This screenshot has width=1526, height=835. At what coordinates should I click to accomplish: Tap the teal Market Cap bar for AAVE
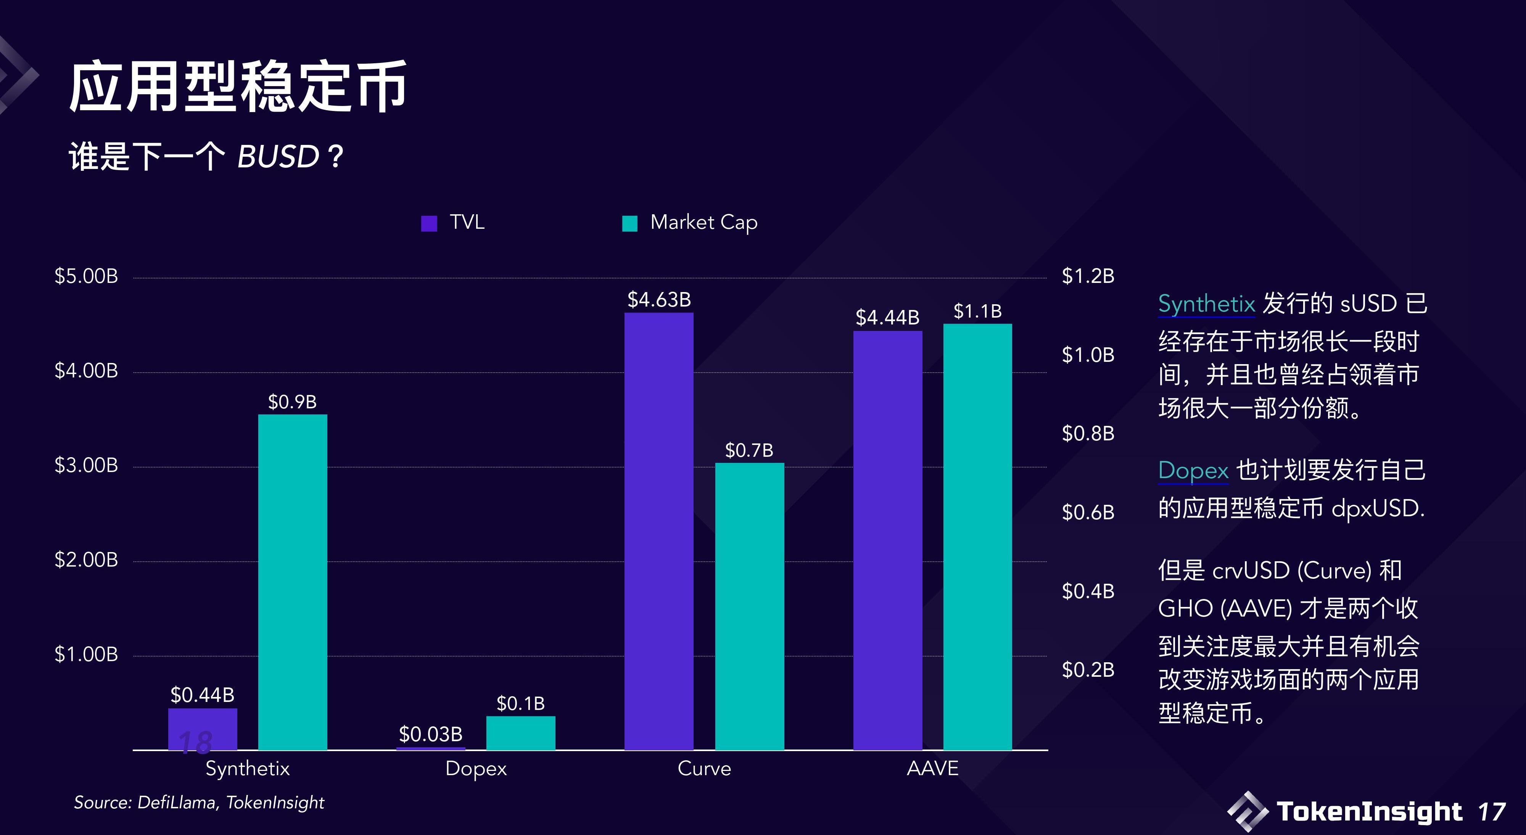tap(977, 536)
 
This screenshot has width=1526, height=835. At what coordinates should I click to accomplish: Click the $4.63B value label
tap(659, 300)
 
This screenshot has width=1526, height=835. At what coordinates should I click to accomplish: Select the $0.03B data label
tap(431, 734)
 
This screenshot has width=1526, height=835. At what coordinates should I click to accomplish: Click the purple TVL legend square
tap(429, 223)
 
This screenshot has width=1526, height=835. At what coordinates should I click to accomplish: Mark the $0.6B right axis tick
tap(1088, 512)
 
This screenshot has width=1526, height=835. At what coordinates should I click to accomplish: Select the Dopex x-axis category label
tap(476, 769)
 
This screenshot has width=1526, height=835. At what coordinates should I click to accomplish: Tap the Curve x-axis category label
tap(704, 769)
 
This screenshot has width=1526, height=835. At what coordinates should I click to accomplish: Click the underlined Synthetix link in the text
tap(1206, 304)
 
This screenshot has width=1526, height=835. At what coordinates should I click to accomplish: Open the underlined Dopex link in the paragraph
tap(1193, 470)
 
